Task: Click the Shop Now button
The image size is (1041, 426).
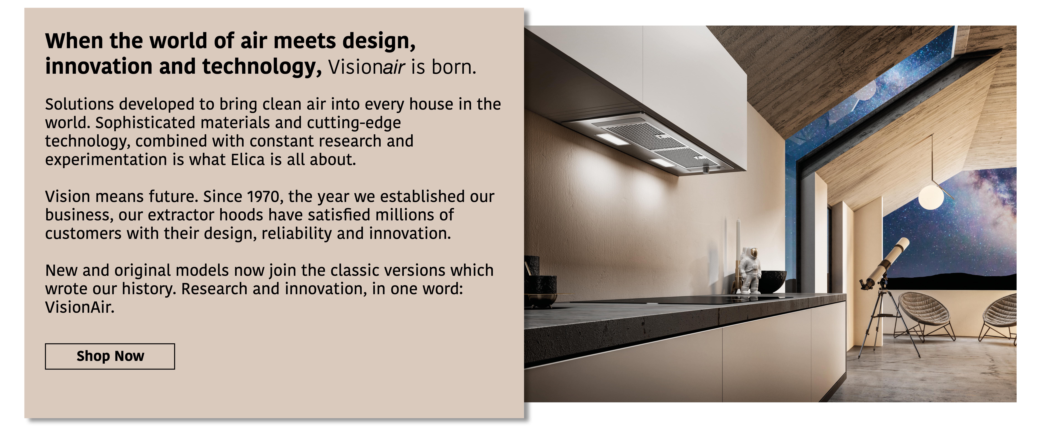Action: [x=110, y=356]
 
